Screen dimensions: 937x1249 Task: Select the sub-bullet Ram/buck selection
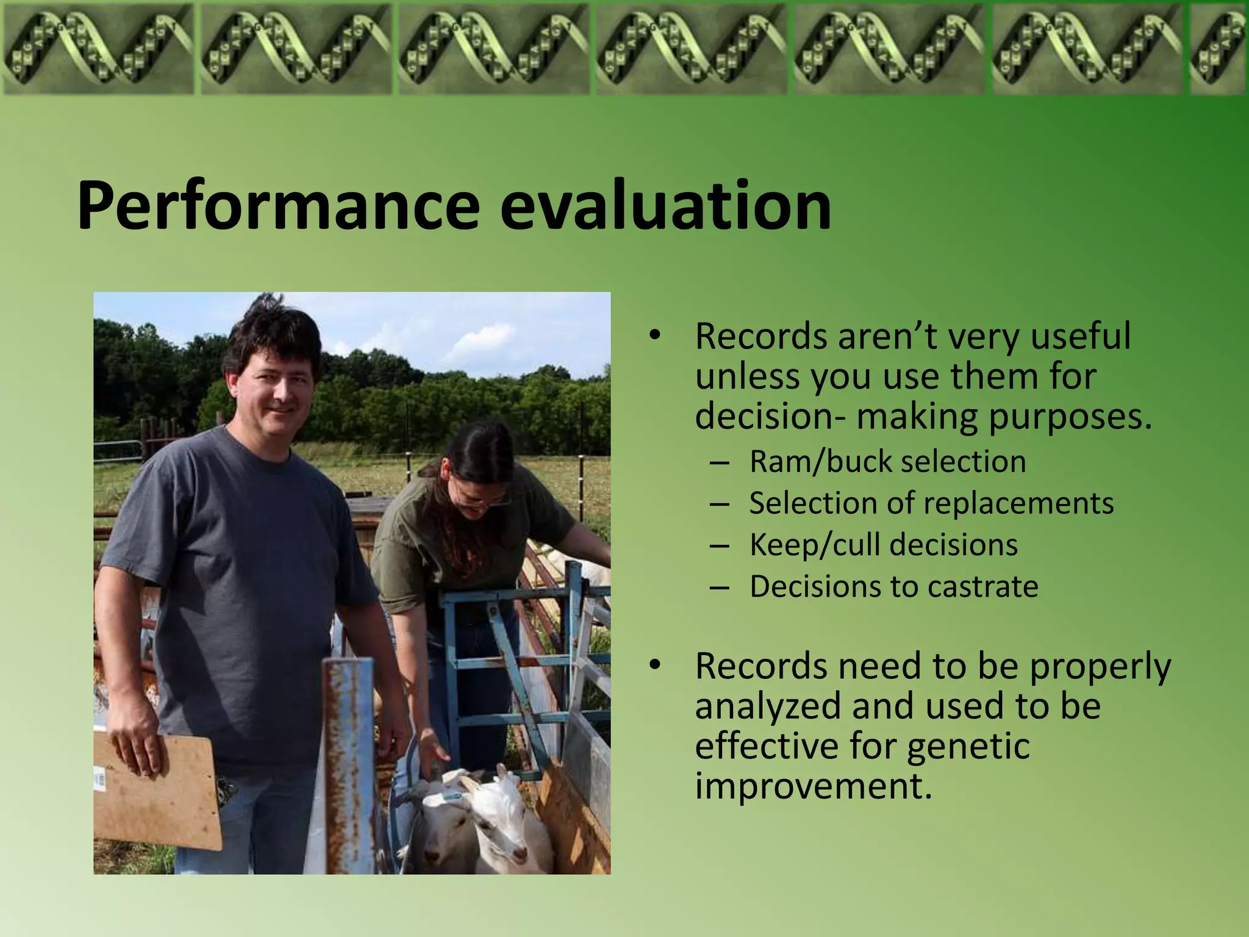(x=887, y=462)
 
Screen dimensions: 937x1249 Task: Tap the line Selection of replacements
(x=931, y=504)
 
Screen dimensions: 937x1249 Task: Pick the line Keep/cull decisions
(x=883, y=545)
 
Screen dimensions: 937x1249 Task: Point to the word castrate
(x=982, y=587)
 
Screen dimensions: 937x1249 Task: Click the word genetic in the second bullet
(x=968, y=746)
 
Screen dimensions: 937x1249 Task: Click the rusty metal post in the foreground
(x=349, y=763)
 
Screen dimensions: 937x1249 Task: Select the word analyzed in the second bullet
(x=768, y=706)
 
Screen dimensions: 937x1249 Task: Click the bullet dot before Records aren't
(x=655, y=336)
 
